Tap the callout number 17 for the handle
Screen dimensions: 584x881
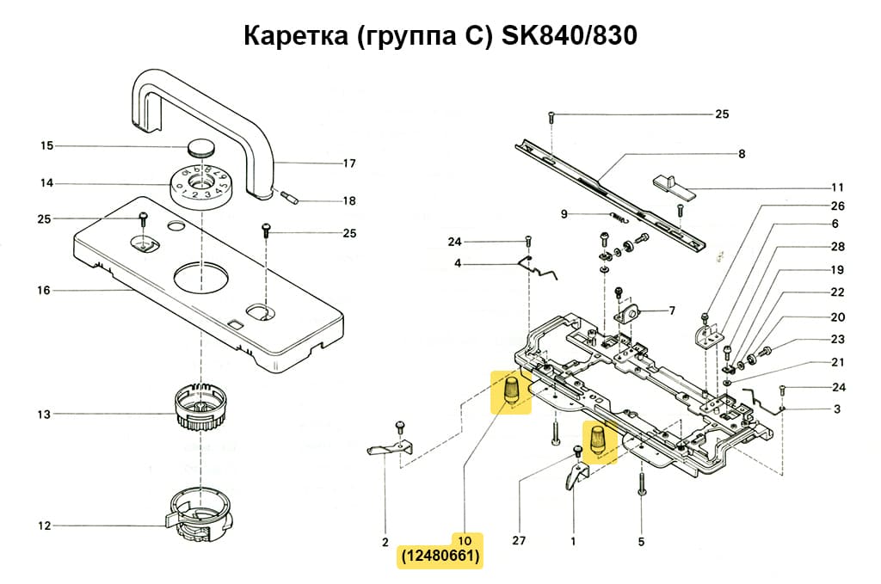[349, 163]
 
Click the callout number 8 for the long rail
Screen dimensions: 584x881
[741, 154]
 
